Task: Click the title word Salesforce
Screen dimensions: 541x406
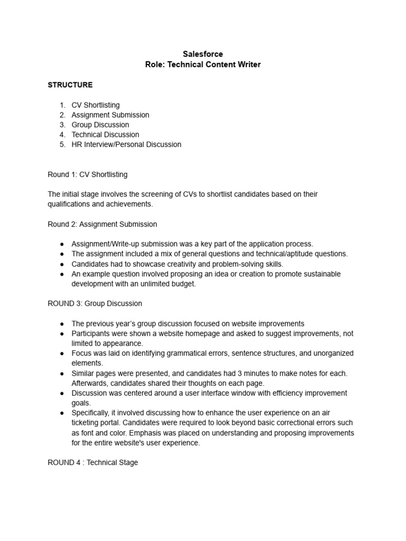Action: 203,54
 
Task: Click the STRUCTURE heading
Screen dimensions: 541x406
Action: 70,85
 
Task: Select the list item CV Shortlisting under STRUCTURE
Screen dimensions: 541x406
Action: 96,105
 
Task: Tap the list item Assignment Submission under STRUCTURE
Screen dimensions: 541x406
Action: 110,115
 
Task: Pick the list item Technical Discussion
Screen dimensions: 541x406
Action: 105,135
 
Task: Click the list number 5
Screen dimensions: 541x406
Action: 62,144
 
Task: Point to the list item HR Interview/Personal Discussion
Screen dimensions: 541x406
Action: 126,144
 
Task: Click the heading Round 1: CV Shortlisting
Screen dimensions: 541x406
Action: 87,174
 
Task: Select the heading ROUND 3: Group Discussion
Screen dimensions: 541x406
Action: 95,304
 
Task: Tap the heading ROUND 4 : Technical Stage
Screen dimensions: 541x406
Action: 93,462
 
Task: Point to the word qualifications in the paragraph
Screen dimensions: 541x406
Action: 69,204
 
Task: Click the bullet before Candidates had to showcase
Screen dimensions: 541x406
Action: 62,264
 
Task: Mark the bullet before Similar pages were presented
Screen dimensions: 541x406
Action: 62,373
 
